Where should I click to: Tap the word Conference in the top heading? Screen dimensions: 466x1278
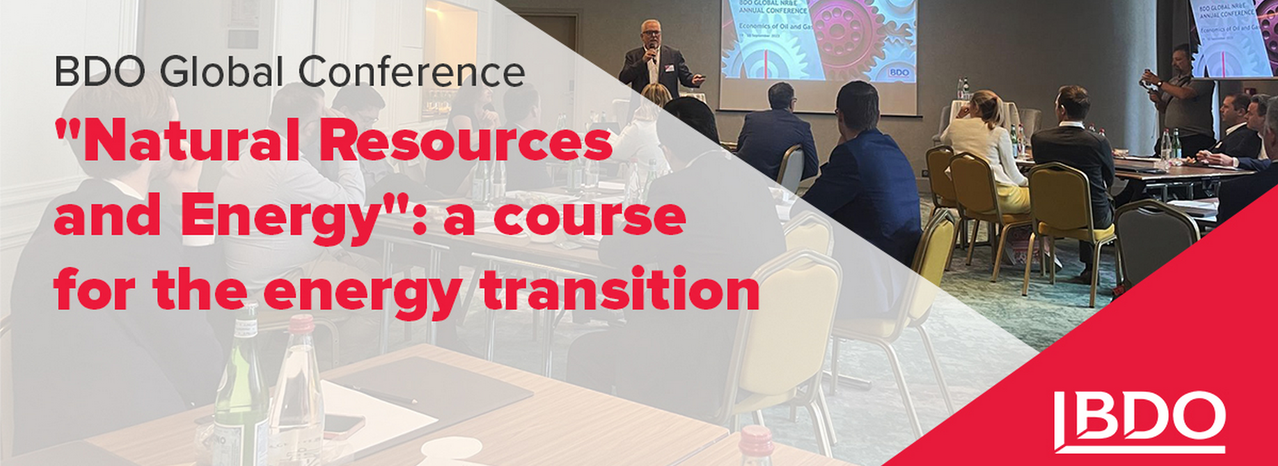[x=411, y=73]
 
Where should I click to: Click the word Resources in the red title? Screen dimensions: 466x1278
[x=470, y=144]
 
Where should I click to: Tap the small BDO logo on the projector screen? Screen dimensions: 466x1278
[x=899, y=72]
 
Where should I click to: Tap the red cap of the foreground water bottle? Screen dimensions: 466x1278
[x=301, y=324]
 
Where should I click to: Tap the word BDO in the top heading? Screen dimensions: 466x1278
[x=100, y=73]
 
